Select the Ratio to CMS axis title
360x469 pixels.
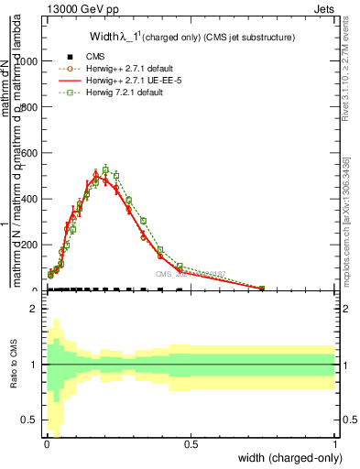point(12,365)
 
